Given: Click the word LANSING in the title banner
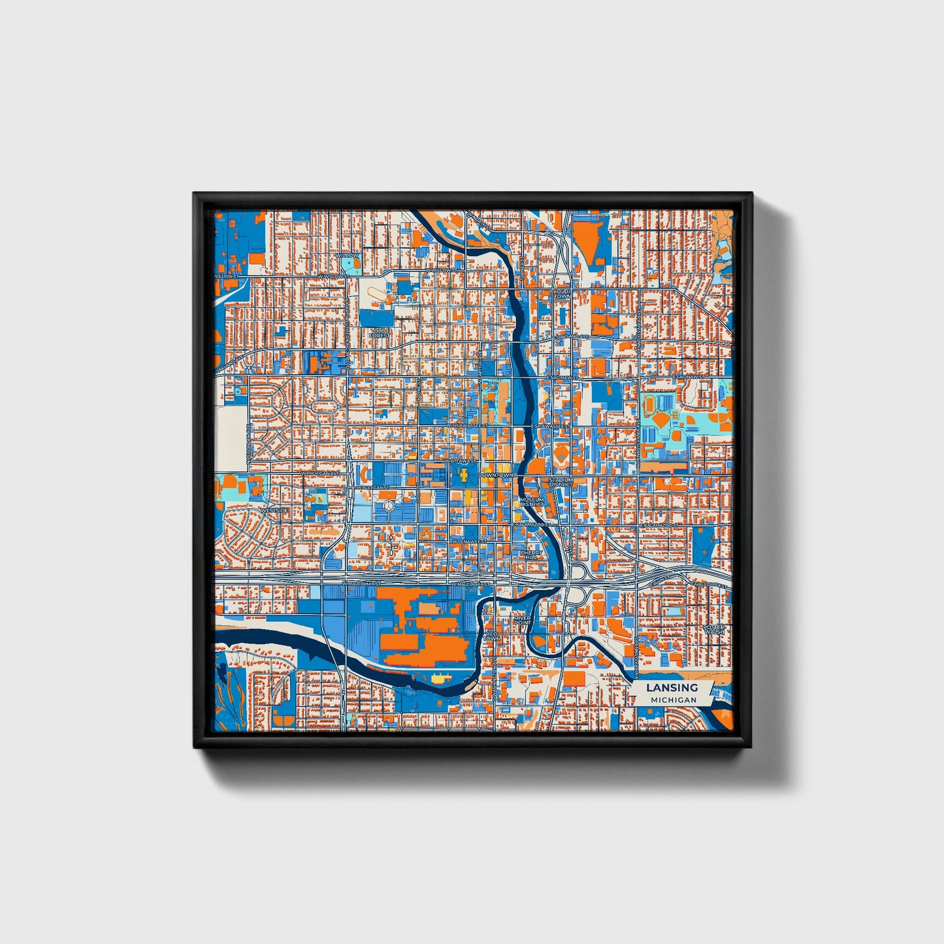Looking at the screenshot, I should pyautogui.click(x=672, y=687).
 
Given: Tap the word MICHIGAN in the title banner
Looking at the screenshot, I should pyautogui.click(x=673, y=700).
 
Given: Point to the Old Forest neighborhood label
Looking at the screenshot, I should pyautogui.click(x=379, y=333).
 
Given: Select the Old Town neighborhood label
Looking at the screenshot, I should pyautogui.click(x=562, y=293).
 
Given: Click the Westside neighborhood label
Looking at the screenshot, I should pyautogui.click(x=274, y=510).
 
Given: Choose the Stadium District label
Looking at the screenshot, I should pyautogui.click(x=561, y=481).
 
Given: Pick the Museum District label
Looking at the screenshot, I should pyautogui.click(x=531, y=502).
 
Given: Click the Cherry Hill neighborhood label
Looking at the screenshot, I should pyautogui.click(x=530, y=555).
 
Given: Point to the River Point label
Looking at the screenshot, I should pyautogui.click(x=522, y=619).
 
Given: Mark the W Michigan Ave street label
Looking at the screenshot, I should pyautogui.click(x=320, y=473).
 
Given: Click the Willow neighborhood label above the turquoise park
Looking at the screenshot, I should pyautogui.click(x=349, y=255).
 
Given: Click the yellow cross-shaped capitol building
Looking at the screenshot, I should pyautogui.click(x=463, y=476).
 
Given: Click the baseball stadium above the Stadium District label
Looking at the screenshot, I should pyautogui.click(x=561, y=457).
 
